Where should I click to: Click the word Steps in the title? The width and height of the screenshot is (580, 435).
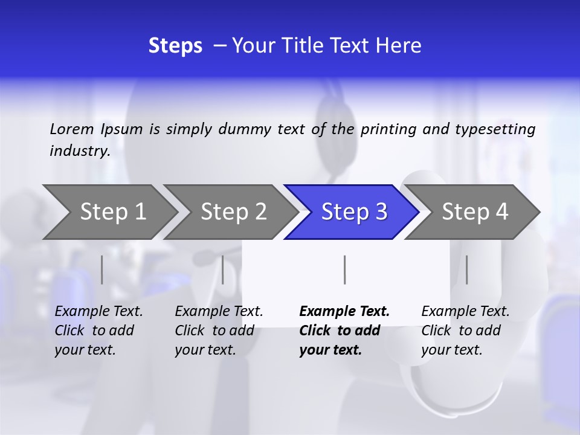coord(175,46)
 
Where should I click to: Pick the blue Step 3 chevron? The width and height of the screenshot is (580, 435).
coord(354,211)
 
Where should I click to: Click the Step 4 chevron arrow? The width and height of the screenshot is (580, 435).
coord(475,211)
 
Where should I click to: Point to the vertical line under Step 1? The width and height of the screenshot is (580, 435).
coord(102,269)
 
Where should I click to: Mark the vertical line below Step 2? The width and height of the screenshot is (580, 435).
coord(223,269)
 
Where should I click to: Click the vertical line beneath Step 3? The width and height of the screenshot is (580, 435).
coord(345,269)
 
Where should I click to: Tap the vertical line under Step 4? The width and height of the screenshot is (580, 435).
coord(467,269)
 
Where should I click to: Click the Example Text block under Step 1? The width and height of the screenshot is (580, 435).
coord(98,330)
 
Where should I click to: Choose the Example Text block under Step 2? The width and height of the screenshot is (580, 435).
coord(219,330)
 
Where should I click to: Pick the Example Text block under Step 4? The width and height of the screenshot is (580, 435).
coord(465,330)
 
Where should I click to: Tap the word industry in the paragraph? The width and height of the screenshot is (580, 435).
coord(79,151)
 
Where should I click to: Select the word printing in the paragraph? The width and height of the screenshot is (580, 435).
coord(388,129)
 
